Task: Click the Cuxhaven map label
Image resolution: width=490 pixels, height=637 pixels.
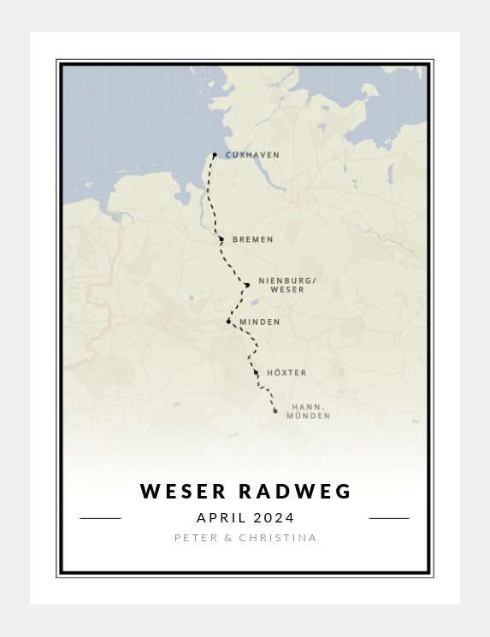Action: pyautogui.click(x=240, y=156)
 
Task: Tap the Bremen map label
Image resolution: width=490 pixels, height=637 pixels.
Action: pyautogui.click(x=253, y=240)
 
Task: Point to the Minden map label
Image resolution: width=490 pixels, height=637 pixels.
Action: pyautogui.click(x=260, y=322)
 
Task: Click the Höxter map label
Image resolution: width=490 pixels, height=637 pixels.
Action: pyautogui.click(x=286, y=373)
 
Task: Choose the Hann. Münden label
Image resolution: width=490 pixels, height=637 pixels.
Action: pyautogui.click(x=308, y=411)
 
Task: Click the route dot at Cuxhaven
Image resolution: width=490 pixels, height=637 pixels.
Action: pyautogui.click(x=215, y=156)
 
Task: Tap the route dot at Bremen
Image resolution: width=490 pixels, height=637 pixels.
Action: pyautogui.click(x=221, y=239)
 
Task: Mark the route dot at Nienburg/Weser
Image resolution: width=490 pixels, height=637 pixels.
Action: pyautogui.click(x=247, y=285)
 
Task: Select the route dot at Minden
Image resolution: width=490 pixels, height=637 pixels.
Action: pyautogui.click(x=228, y=321)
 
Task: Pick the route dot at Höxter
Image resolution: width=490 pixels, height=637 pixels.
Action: pyautogui.click(x=256, y=373)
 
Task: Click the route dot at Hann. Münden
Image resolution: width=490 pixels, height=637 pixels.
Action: pyautogui.click(x=275, y=411)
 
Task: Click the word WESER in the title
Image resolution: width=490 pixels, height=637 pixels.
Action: pyautogui.click(x=184, y=492)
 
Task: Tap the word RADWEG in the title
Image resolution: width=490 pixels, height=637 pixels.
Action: pyautogui.click(x=295, y=492)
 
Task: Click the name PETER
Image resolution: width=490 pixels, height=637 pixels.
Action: pyautogui.click(x=195, y=538)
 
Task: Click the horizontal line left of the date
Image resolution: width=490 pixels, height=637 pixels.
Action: pyautogui.click(x=100, y=518)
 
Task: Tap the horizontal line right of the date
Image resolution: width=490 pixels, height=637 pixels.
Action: pyautogui.click(x=389, y=518)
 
